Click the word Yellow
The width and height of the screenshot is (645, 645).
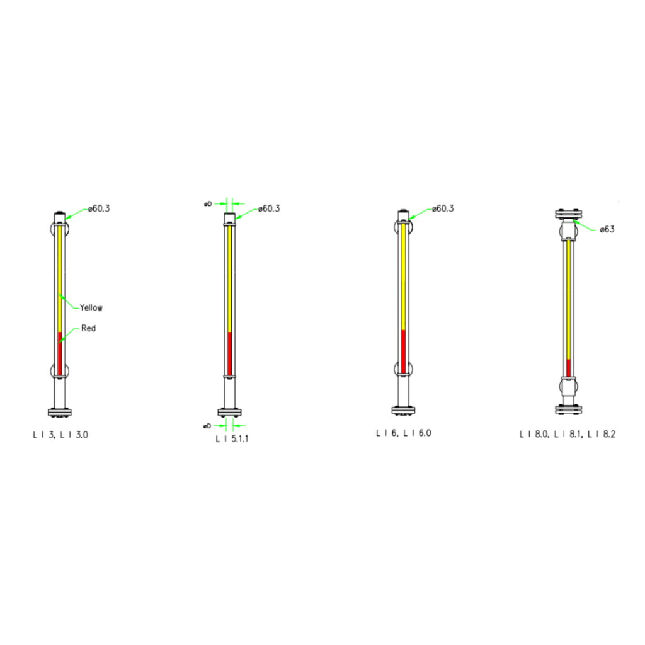tap(91, 307)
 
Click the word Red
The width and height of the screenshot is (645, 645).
tap(88, 328)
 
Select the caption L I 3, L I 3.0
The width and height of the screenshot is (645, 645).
tap(60, 435)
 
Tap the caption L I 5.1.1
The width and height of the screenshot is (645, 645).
tap(232, 439)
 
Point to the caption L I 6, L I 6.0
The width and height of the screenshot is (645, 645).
tap(404, 433)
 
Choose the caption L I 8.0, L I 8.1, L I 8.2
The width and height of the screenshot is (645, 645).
tap(568, 435)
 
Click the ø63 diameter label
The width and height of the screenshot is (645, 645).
tap(607, 229)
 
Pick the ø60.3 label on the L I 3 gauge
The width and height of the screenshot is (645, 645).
tap(99, 208)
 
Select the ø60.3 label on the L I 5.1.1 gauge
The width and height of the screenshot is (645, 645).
tap(269, 208)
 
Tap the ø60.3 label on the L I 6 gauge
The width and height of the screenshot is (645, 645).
tap(443, 208)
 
